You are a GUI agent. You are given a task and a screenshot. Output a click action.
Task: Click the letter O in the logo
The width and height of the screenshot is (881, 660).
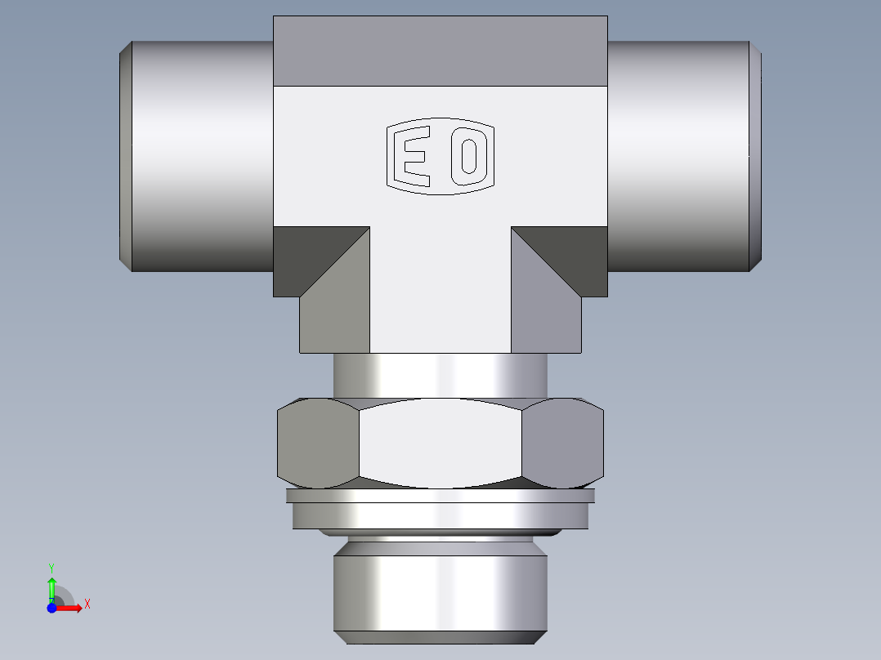click(468, 156)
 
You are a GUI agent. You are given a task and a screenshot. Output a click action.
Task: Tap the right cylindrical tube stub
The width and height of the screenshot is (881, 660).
click(678, 155)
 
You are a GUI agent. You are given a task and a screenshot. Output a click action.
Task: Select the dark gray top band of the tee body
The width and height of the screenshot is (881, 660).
click(440, 51)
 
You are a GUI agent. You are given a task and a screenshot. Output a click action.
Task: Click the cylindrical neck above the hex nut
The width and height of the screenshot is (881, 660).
click(440, 375)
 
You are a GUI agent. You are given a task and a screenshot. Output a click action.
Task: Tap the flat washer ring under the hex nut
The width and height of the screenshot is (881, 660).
click(440, 514)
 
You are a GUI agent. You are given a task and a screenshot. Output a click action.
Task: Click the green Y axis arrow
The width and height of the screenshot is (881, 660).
click(51, 585)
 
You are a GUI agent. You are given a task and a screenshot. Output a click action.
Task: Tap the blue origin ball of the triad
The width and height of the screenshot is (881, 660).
click(51, 608)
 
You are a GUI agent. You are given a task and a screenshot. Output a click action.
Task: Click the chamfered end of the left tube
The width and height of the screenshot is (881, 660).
click(126, 155)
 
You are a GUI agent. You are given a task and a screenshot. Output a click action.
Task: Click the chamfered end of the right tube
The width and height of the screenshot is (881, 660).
click(756, 155)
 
